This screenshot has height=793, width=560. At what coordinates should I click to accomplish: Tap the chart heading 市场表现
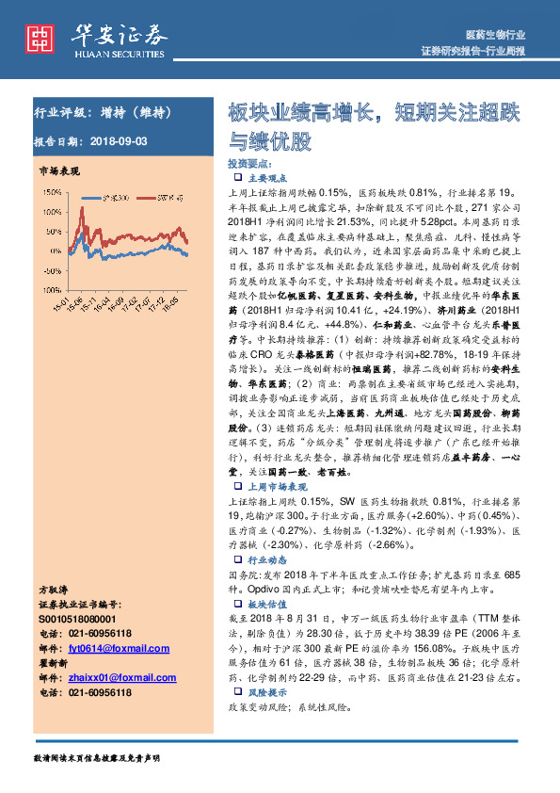tap(58, 173)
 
